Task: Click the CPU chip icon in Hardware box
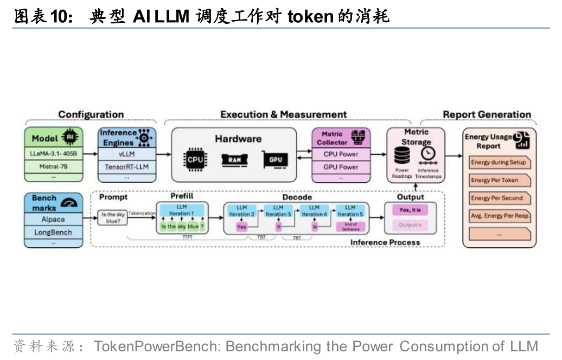click(195, 160)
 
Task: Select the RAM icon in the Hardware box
click(234, 159)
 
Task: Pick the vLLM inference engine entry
click(126, 154)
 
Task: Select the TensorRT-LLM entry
click(126, 166)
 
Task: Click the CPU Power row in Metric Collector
click(341, 154)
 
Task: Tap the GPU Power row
click(341, 167)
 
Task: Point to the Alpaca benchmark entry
click(53, 220)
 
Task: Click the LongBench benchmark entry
click(53, 233)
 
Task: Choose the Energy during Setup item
click(498, 162)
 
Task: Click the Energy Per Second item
click(498, 198)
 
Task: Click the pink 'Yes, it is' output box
click(410, 210)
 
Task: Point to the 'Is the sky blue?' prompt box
click(112, 218)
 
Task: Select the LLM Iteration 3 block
click(278, 211)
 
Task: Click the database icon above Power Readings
click(402, 156)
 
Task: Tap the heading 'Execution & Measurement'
click(283, 114)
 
